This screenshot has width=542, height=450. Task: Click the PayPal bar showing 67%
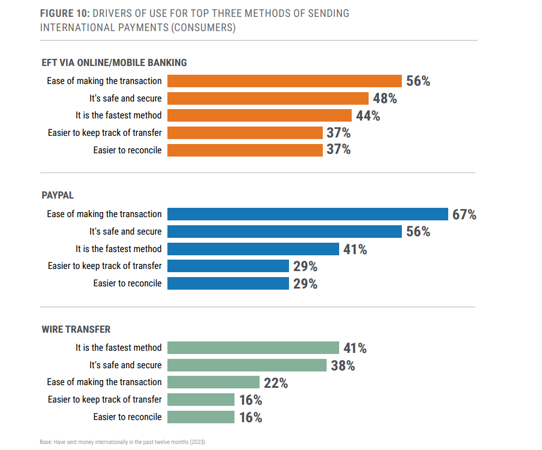(307, 214)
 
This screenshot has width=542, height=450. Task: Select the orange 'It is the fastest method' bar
(259, 116)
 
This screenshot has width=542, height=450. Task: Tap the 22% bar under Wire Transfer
(213, 382)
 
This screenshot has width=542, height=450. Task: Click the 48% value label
(384, 99)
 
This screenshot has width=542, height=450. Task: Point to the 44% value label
(368, 116)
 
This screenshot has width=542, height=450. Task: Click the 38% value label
(343, 365)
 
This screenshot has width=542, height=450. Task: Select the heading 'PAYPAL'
(58, 195)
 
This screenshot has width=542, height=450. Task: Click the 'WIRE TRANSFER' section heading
(76, 329)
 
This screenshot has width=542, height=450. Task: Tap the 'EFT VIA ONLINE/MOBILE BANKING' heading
(114, 63)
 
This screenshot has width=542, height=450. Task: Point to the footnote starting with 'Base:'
(123, 442)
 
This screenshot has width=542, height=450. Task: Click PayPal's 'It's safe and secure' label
(125, 232)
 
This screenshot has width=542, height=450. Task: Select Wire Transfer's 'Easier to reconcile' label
(127, 417)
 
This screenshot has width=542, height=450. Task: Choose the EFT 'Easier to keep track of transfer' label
(105, 133)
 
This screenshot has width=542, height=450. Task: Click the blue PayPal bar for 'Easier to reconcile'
(228, 284)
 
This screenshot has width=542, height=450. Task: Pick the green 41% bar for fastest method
(253, 348)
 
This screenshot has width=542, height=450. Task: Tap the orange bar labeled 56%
(284, 81)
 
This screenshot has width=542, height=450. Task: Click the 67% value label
(464, 214)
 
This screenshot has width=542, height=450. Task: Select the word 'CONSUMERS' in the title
(203, 28)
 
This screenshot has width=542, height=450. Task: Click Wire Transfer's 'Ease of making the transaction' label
(104, 382)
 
